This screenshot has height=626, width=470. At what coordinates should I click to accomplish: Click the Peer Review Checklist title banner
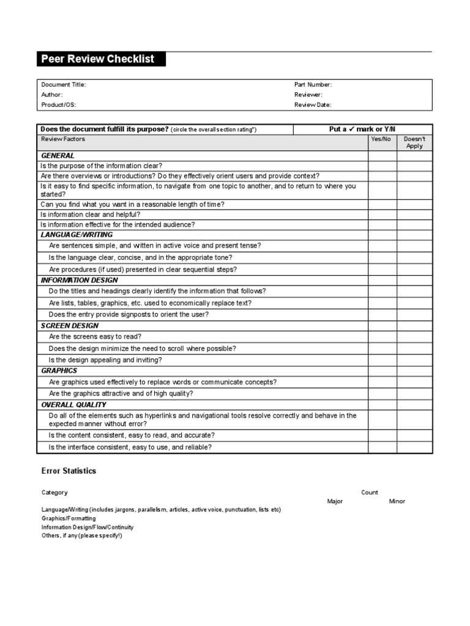click(x=98, y=59)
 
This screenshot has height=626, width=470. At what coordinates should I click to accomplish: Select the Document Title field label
click(x=64, y=85)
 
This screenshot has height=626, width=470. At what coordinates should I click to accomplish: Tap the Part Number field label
click(x=313, y=85)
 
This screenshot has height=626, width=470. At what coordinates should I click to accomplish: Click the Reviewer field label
click(x=308, y=95)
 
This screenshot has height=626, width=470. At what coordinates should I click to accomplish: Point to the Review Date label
click(x=313, y=105)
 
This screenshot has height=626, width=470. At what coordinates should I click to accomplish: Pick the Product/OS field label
click(x=59, y=105)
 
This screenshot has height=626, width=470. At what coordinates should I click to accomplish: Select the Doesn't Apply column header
click(x=414, y=142)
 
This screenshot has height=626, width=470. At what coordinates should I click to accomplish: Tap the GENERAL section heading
click(x=58, y=156)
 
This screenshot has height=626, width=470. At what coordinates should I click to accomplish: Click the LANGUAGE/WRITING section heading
click(x=76, y=235)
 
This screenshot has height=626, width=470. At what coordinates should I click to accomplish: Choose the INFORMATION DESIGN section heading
click(x=80, y=280)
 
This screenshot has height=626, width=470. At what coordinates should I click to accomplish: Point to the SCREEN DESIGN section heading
click(x=70, y=326)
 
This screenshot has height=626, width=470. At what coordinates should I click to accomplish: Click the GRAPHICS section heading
click(x=59, y=370)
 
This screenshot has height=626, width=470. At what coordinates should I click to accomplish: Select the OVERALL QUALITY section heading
click(x=73, y=405)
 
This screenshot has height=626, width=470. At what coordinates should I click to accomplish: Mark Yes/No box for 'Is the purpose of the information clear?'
click(x=382, y=166)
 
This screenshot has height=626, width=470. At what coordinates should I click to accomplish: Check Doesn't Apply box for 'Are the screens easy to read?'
click(x=414, y=337)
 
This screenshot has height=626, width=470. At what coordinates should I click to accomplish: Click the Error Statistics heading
click(x=69, y=471)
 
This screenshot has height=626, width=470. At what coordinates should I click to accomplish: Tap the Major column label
click(x=335, y=501)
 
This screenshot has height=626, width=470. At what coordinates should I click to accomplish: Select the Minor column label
click(x=397, y=501)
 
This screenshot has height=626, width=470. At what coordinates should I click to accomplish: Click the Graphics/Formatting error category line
click(x=69, y=518)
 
